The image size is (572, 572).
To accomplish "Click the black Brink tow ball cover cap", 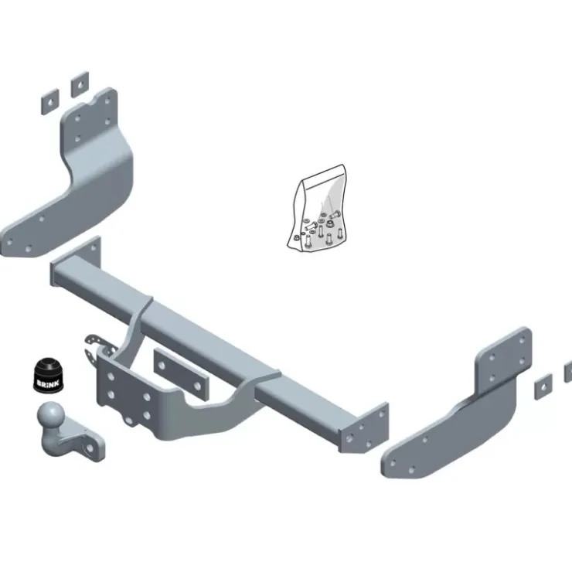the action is (48, 375).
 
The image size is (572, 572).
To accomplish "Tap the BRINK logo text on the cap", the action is (48, 383).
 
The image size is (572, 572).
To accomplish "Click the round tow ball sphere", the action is (51, 416).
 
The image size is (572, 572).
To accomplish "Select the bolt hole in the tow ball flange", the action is (89, 448).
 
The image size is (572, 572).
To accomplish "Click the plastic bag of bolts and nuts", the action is (317, 209).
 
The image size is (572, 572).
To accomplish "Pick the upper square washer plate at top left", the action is (80, 84).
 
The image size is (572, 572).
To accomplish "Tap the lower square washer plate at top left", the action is (50, 102).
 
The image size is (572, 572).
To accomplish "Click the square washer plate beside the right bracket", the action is (543, 387).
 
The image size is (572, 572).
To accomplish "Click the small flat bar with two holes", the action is (181, 374).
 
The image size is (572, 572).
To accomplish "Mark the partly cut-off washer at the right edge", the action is (568, 372).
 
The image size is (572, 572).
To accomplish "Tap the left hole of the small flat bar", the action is (162, 365).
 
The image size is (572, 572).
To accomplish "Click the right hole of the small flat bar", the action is (198, 385).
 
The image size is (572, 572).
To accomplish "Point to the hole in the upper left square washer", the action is (80, 84).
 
